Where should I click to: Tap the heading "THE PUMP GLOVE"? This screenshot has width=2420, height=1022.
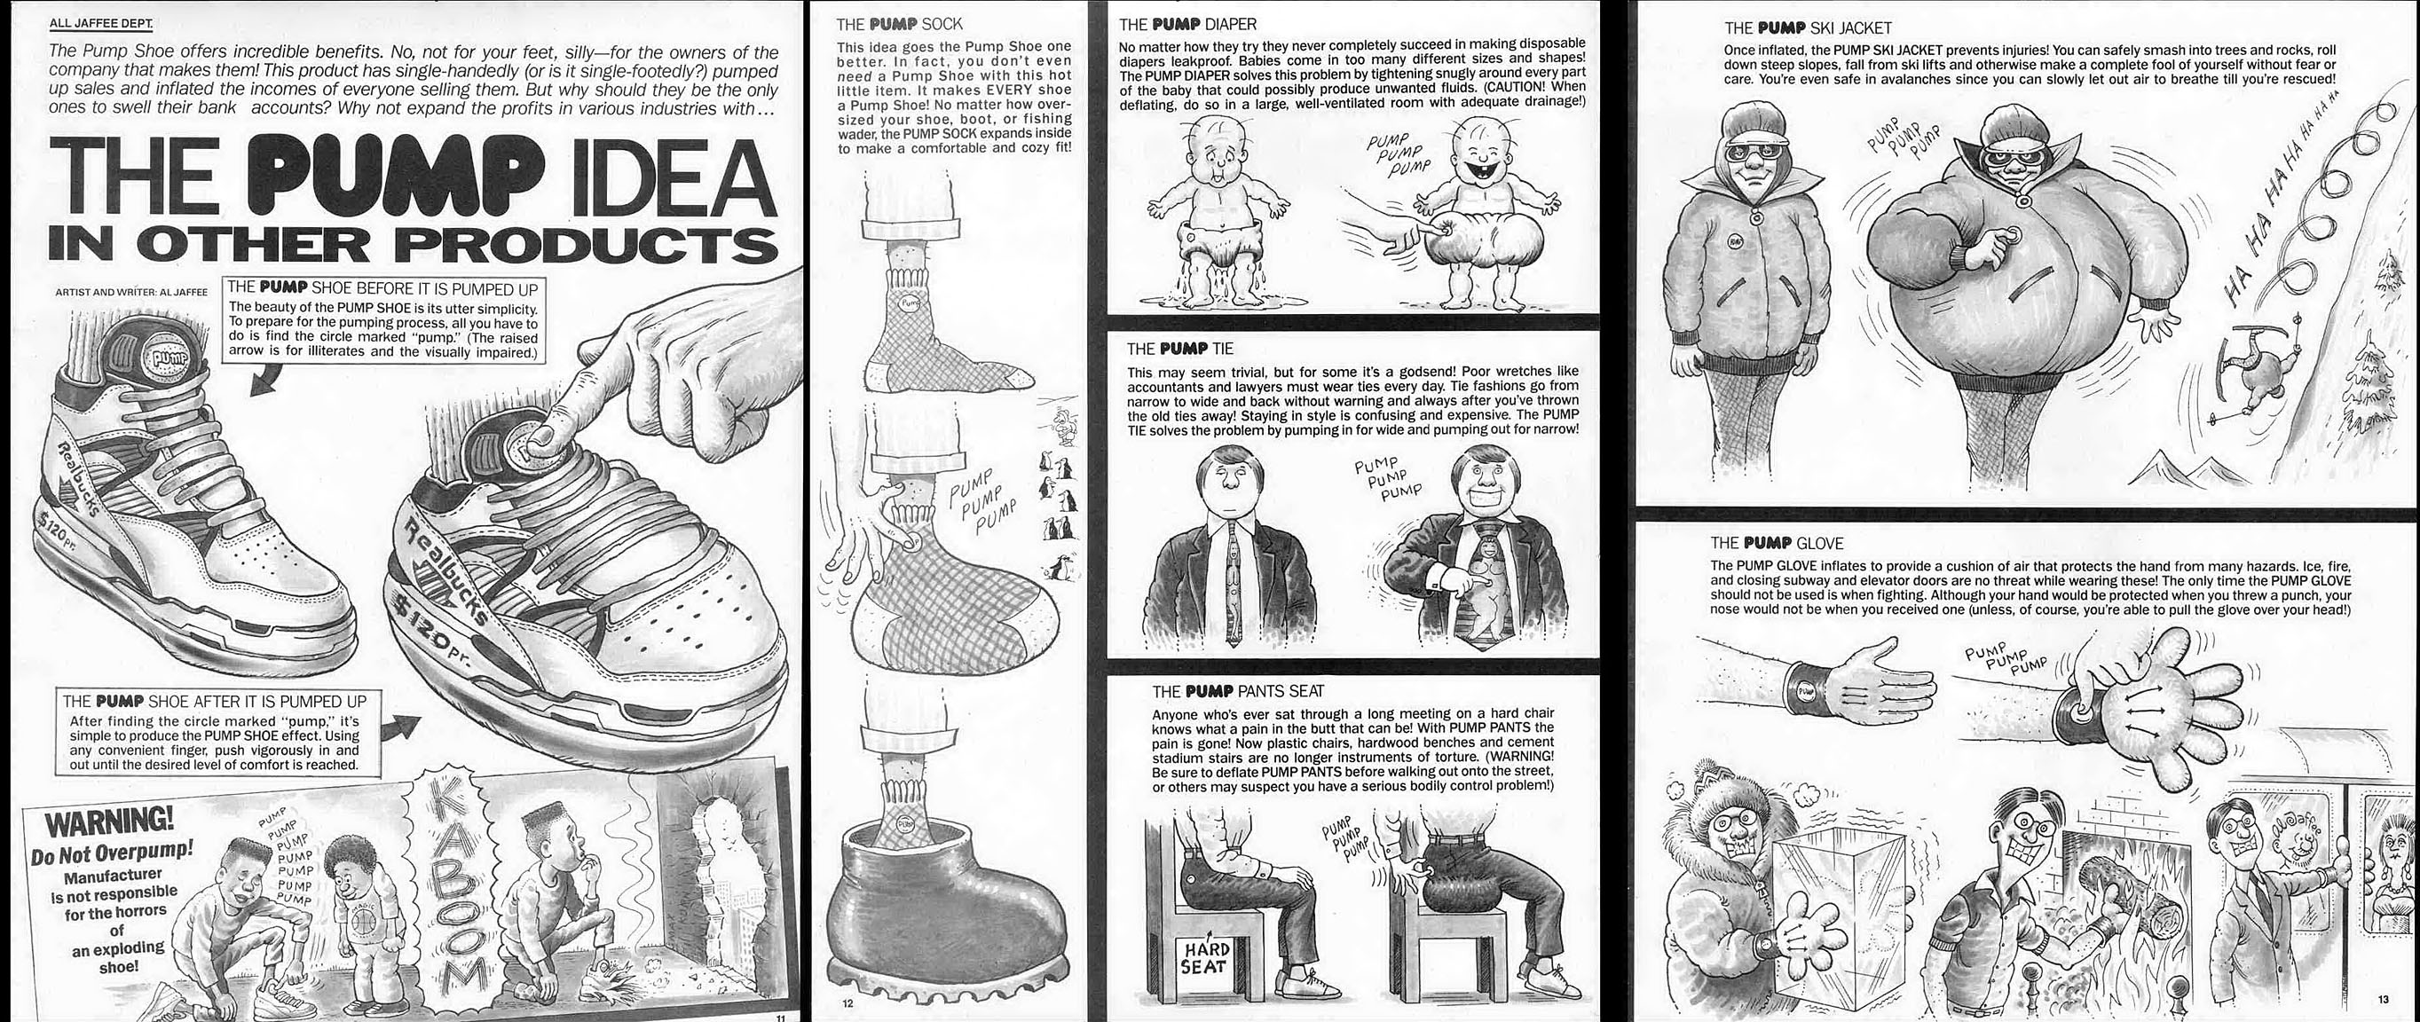(1777, 543)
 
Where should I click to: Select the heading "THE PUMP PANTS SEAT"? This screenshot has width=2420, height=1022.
(1238, 691)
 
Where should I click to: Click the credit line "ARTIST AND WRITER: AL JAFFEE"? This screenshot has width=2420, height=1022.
(131, 292)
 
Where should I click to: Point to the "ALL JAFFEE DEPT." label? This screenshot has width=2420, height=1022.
(101, 22)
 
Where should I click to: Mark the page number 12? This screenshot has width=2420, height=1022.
(848, 1004)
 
